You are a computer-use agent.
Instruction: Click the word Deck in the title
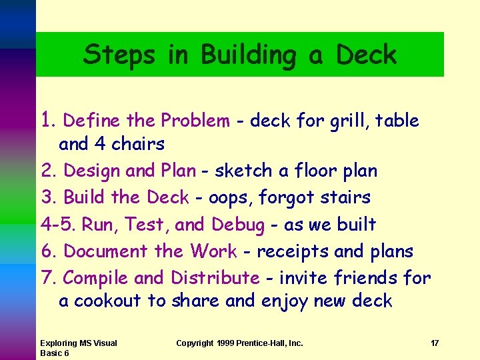[367, 55]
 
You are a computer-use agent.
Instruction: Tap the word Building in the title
[246, 55]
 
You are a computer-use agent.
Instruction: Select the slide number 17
[435, 343]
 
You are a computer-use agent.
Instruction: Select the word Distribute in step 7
[215, 278]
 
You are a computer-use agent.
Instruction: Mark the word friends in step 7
[368, 278]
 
